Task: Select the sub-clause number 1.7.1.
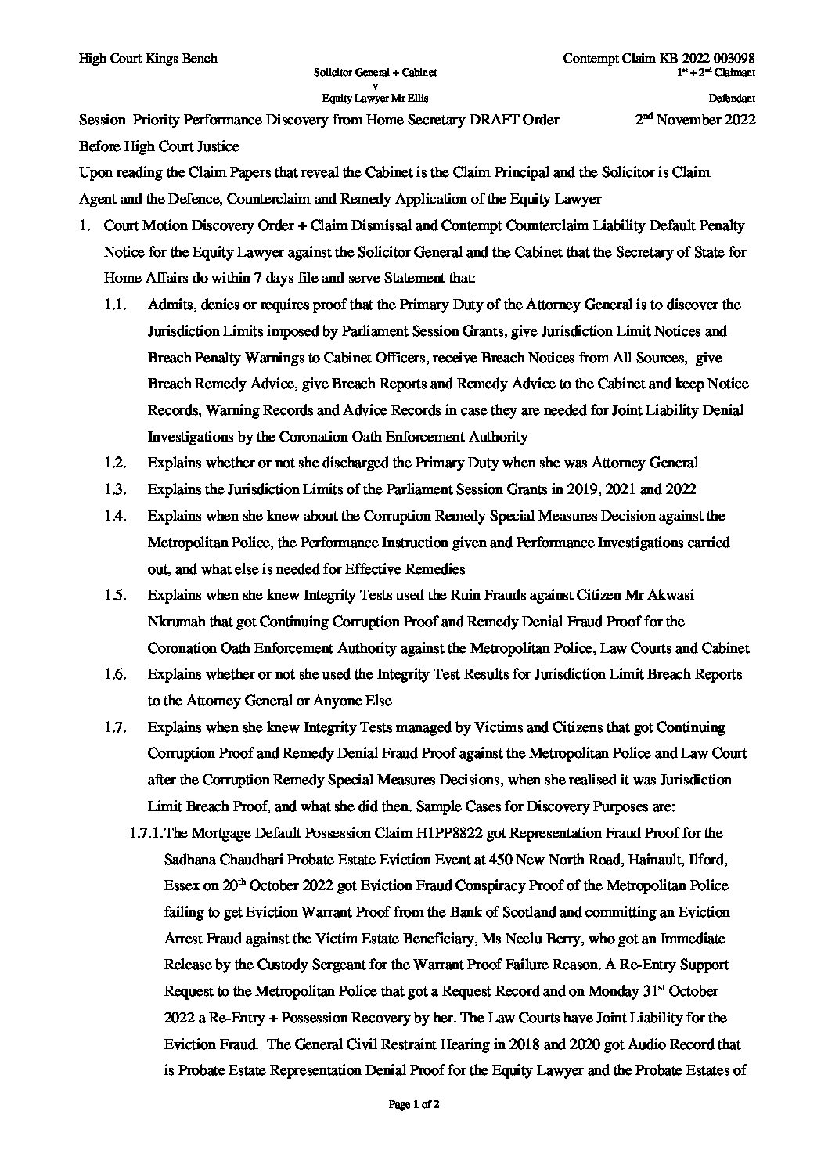(x=142, y=832)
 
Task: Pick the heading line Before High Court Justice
(x=159, y=146)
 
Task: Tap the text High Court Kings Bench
(x=148, y=59)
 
